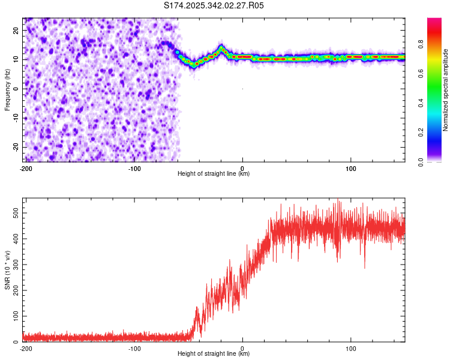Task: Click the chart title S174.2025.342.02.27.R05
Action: point(214,5)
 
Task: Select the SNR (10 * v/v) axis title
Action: point(8,271)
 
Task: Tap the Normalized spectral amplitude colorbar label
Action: point(446,90)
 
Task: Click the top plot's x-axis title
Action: point(214,173)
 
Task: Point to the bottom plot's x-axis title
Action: point(214,353)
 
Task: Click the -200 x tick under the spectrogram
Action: point(25,168)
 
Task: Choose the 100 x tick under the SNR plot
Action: point(351,348)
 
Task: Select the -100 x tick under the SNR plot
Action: point(134,348)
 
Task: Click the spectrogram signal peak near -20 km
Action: point(221,47)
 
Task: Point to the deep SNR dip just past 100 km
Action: point(365,267)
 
